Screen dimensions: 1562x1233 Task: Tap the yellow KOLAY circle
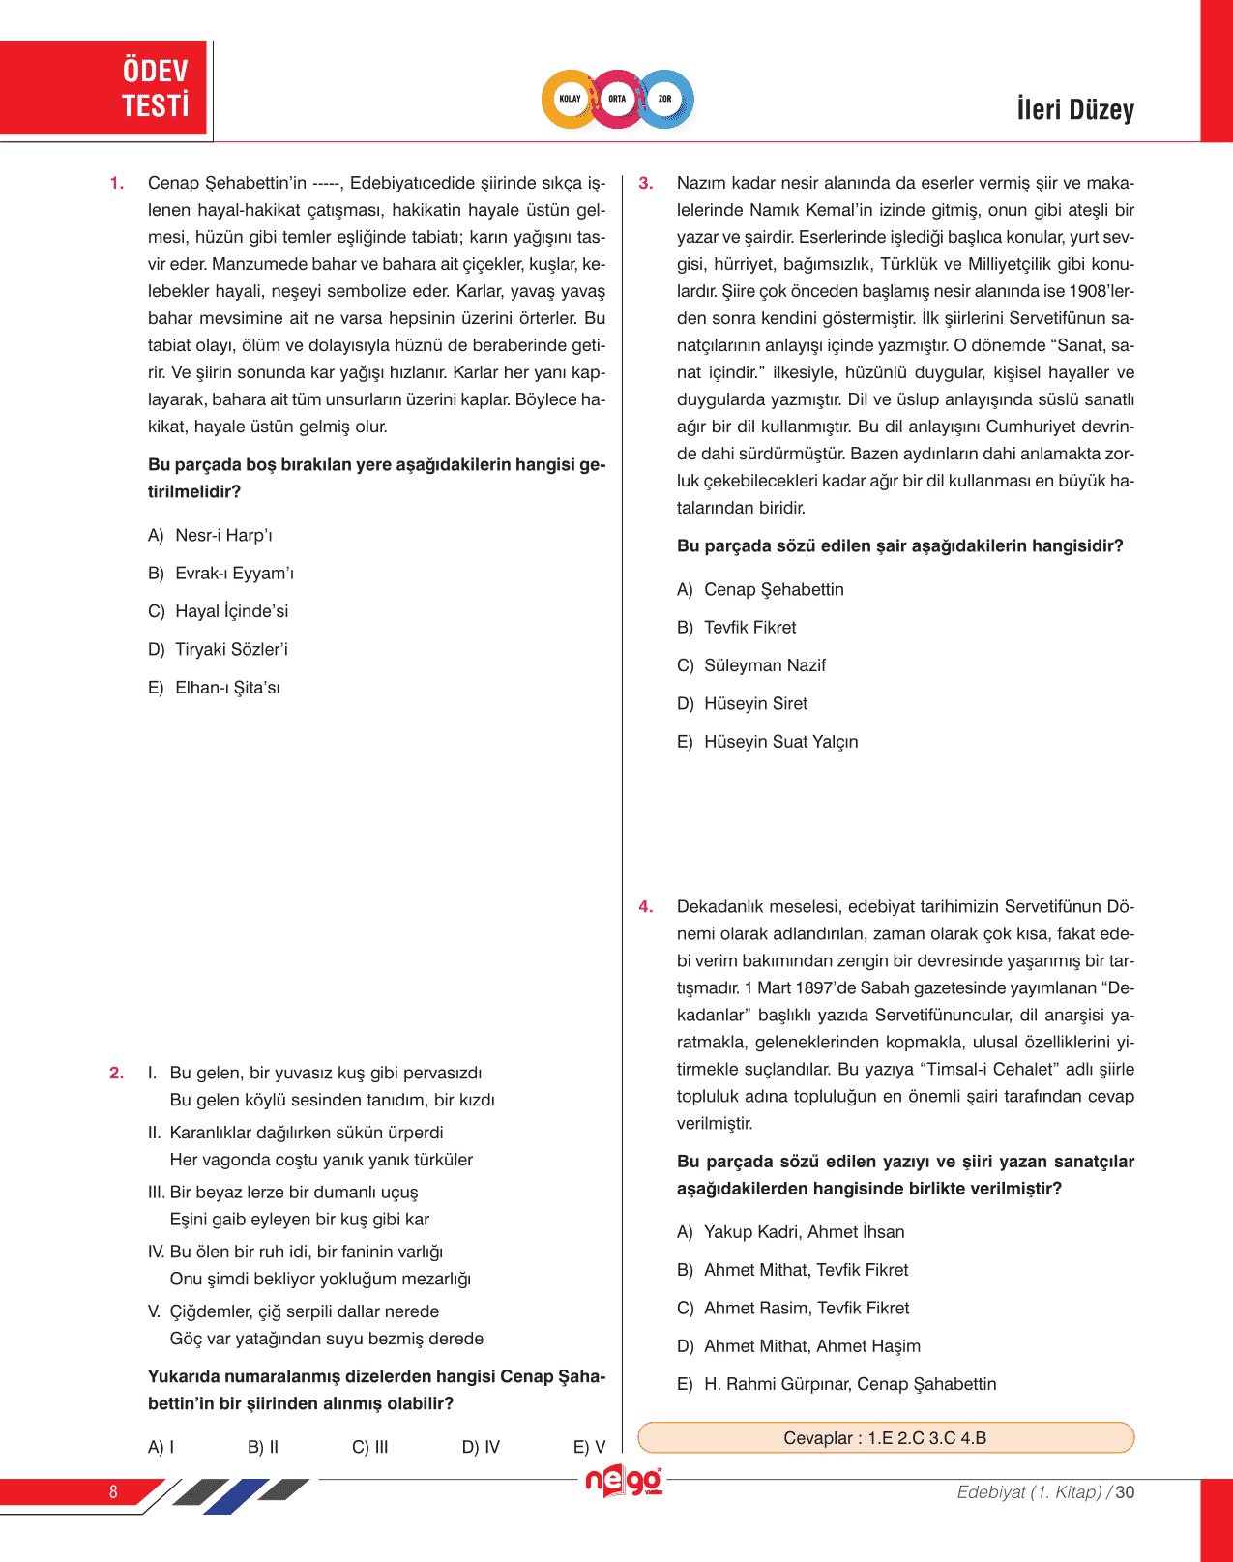click(x=571, y=99)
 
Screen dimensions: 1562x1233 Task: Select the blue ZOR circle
click(x=665, y=99)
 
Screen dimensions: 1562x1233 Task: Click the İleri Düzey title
click(x=1074, y=109)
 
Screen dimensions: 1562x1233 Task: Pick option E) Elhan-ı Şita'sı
click(x=215, y=688)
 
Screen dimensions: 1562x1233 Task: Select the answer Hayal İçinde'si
click(x=219, y=611)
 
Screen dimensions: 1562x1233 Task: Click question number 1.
click(x=117, y=183)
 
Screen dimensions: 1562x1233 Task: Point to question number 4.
click(x=646, y=906)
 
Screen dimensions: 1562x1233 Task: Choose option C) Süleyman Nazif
click(x=751, y=665)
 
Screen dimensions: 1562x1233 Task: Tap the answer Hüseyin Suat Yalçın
click(x=768, y=742)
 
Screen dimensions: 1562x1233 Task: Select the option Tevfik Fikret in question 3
click(x=737, y=627)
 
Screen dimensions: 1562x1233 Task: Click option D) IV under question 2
click(x=481, y=1447)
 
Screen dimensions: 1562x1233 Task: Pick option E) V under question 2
click(x=589, y=1447)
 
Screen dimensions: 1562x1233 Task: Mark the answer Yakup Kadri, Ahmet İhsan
click(x=791, y=1231)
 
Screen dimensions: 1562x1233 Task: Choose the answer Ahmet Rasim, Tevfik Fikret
click(x=793, y=1308)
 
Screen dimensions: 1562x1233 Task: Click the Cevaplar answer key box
click(x=885, y=1437)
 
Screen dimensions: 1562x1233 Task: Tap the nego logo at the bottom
click(x=624, y=1482)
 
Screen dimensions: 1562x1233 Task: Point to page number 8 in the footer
click(x=113, y=1491)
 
